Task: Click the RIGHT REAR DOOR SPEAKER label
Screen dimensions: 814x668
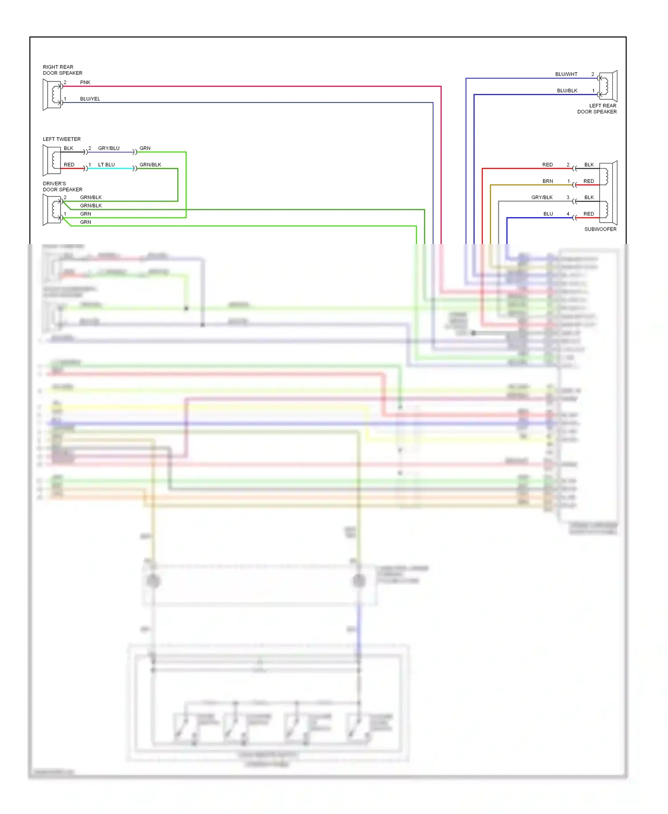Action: (62, 70)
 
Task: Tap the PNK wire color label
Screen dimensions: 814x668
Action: (85, 82)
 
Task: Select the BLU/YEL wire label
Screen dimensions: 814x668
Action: (90, 99)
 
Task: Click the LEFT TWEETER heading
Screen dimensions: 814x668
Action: (61, 139)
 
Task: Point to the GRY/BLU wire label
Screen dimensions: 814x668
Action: (109, 148)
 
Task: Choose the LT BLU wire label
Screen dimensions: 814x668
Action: (106, 165)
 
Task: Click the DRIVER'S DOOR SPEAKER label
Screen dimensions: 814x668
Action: (62, 187)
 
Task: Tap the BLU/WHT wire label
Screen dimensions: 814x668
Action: (566, 74)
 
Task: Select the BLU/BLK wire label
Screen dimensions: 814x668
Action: (567, 91)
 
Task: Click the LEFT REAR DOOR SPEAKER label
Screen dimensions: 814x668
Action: (597, 109)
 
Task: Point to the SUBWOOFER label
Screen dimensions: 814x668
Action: (600, 229)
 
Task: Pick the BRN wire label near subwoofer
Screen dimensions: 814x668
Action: (548, 181)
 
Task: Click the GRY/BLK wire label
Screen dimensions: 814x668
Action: (542, 198)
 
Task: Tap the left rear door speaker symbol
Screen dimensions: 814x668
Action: (608, 86)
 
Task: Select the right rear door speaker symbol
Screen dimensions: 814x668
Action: (52, 94)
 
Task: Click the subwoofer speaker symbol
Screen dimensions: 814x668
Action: (608, 193)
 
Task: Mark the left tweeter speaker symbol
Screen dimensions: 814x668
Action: (52, 160)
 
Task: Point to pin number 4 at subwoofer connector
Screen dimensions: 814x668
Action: (568, 214)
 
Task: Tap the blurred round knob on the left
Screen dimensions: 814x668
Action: (153, 581)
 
